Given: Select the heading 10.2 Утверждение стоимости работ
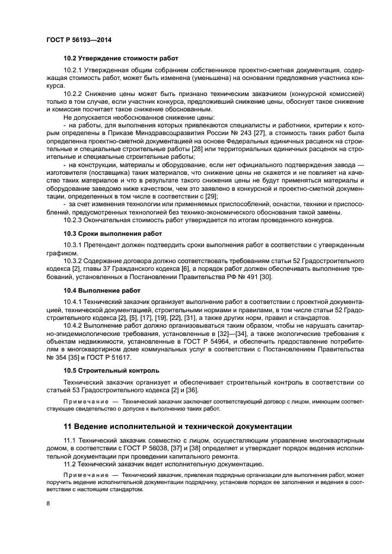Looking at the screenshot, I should point(121,58).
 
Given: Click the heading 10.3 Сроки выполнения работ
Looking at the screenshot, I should point(112,233).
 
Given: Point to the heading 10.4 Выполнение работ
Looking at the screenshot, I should point(102,290).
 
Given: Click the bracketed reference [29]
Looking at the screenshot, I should point(210,196).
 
